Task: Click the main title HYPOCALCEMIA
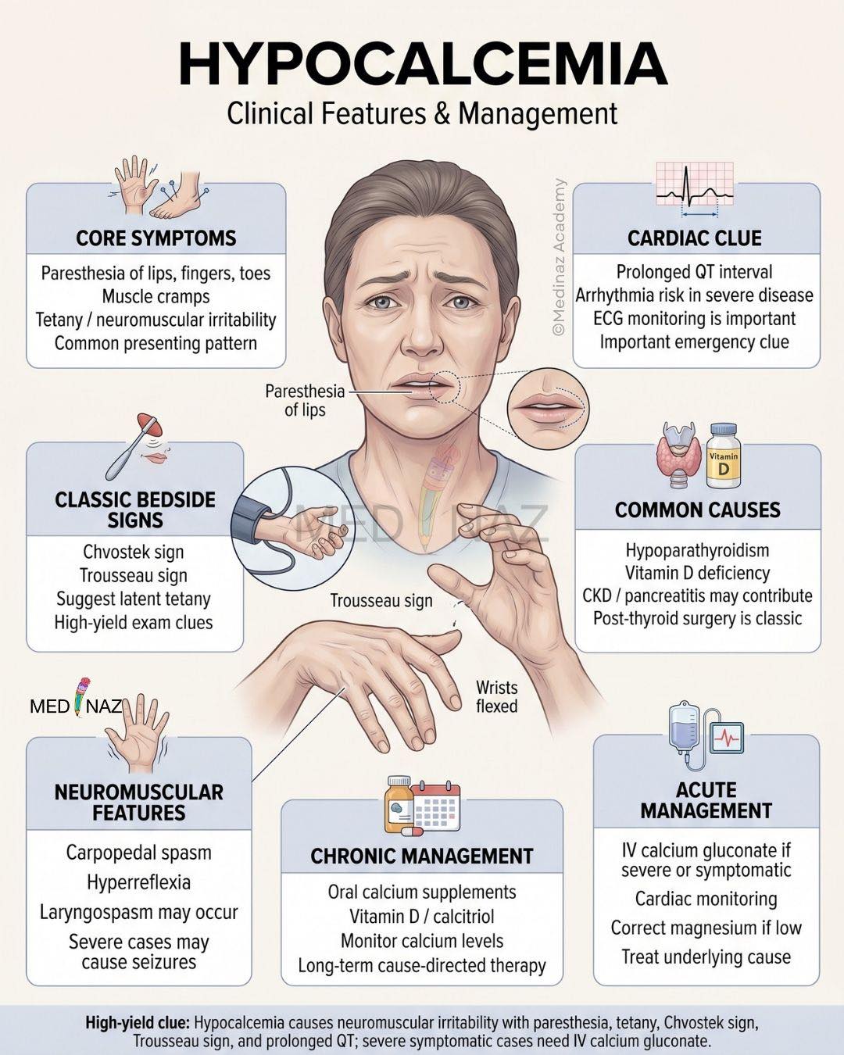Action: pyautogui.click(x=423, y=65)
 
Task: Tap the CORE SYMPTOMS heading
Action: pyautogui.click(x=156, y=238)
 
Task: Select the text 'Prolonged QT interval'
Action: pyautogui.click(x=694, y=272)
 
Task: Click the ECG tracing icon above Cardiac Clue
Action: pyautogui.click(x=695, y=190)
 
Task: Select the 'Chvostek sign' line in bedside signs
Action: pyautogui.click(x=134, y=552)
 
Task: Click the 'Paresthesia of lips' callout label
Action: pyautogui.click(x=305, y=400)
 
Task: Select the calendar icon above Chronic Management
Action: pyautogui.click(x=436, y=809)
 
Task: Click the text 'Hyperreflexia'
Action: pyautogui.click(x=139, y=882)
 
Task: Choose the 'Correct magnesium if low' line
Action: pyautogui.click(x=706, y=928)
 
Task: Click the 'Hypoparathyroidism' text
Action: pyautogui.click(x=697, y=550)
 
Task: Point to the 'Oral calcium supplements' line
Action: pyautogui.click(x=422, y=892)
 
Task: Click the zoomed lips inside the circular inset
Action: pyautogui.click(x=545, y=406)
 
